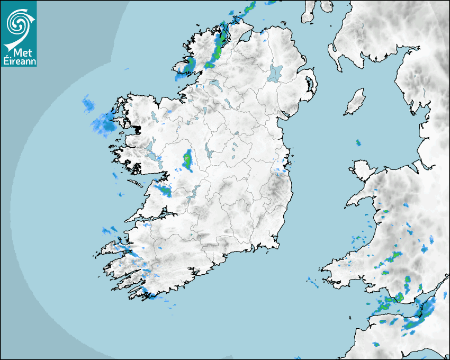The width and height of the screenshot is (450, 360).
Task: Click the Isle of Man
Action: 355,102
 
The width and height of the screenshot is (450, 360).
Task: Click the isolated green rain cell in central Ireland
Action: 187,160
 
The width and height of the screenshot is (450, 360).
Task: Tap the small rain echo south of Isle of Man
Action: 358,142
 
